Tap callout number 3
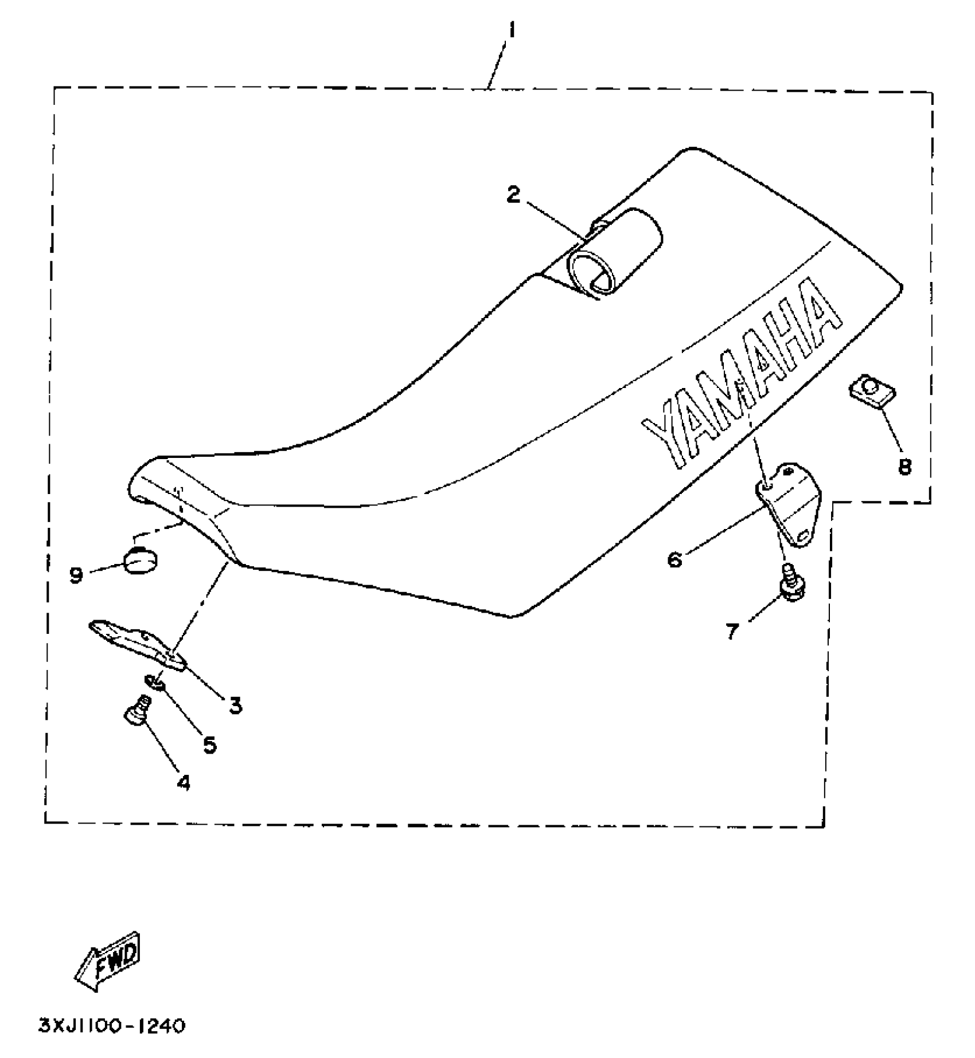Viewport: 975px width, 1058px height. click(235, 705)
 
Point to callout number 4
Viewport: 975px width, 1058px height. click(183, 782)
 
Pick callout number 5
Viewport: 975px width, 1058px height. click(210, 744)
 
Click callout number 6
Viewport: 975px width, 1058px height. click(675, 559)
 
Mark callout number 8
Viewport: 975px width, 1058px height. click(904, 467)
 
